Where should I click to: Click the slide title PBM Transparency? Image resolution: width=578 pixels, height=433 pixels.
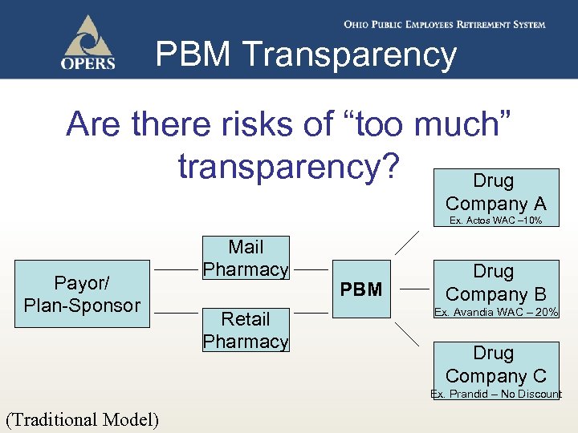click(306, 55)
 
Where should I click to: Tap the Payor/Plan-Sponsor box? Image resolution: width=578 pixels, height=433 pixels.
click(83, 293)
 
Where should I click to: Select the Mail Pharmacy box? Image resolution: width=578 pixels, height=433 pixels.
click(246, 258)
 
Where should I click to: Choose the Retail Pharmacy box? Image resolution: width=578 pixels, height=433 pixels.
click(246, 330)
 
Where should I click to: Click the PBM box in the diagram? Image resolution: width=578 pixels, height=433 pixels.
click(361, 289)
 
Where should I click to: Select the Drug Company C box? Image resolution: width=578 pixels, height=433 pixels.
click(495, 365)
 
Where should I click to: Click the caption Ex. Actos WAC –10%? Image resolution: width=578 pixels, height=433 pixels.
click(495, 221)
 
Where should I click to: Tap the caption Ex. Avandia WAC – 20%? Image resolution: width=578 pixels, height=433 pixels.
click(496, 312)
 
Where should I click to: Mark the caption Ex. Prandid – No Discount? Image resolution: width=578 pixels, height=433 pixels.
click(496, 394)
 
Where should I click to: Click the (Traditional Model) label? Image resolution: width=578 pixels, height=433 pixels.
click(82, 419)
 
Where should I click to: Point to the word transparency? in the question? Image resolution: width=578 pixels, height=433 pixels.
click(288, 166)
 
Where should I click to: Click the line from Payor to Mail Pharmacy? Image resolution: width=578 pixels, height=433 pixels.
click(175, 270)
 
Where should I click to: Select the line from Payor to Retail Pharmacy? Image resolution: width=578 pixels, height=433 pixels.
click(175, 314)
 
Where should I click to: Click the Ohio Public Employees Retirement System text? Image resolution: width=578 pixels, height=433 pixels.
click(445, 25)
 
